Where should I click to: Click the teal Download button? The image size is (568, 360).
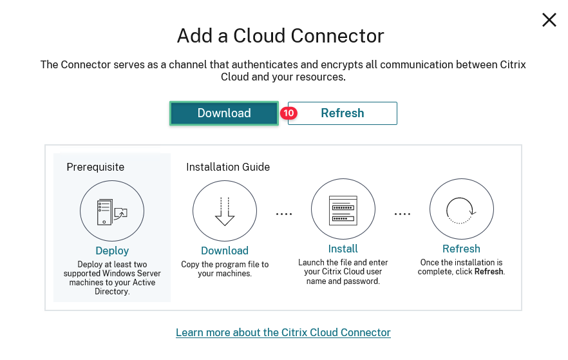223,113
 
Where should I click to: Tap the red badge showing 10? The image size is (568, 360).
288,113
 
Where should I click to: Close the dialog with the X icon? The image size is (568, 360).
549,20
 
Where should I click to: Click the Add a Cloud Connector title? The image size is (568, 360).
280,35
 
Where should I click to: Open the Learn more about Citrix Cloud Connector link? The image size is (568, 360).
283,332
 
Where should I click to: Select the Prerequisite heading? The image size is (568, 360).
95,167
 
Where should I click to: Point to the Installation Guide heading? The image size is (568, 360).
228,167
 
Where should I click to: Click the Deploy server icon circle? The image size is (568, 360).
112,212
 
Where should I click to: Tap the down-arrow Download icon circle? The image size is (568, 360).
225,212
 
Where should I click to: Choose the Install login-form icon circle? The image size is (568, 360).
343,210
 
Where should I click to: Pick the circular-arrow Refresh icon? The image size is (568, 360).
461,210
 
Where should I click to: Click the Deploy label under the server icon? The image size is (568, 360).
112,251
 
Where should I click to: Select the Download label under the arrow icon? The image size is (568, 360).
225,251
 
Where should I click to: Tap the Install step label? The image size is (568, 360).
343,249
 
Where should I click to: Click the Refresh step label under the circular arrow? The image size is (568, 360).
461,249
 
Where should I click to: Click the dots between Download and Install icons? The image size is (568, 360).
284,214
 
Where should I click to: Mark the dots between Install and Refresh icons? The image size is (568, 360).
402,214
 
